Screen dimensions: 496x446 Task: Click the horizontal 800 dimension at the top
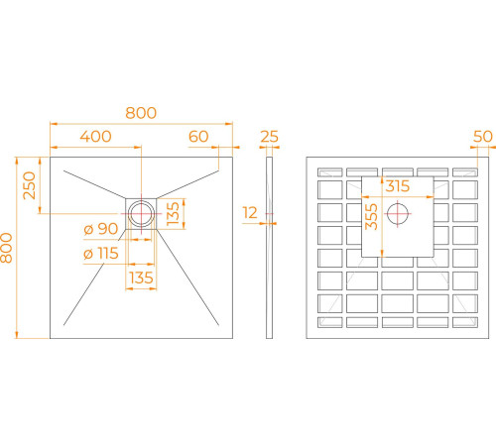141,113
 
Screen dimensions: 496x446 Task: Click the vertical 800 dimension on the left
6,248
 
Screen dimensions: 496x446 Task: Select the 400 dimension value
96,137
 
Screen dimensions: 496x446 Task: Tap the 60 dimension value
198,137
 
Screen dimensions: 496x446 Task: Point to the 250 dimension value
29,185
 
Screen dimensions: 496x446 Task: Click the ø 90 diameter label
101,229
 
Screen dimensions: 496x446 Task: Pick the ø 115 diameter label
101,254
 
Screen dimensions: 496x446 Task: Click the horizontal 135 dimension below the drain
141,278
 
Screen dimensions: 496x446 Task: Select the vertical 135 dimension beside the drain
173,214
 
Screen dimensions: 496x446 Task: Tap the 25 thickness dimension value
270,137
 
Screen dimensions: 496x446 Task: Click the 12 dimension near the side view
250,213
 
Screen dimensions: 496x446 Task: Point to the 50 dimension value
483,137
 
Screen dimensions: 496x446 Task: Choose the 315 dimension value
398,186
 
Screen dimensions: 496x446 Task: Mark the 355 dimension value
371,217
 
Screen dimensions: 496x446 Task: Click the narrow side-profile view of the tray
270,248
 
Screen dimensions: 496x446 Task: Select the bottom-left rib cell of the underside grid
330,322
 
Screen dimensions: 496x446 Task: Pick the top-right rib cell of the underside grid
465,172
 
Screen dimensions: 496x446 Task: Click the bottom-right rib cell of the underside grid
465,322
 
